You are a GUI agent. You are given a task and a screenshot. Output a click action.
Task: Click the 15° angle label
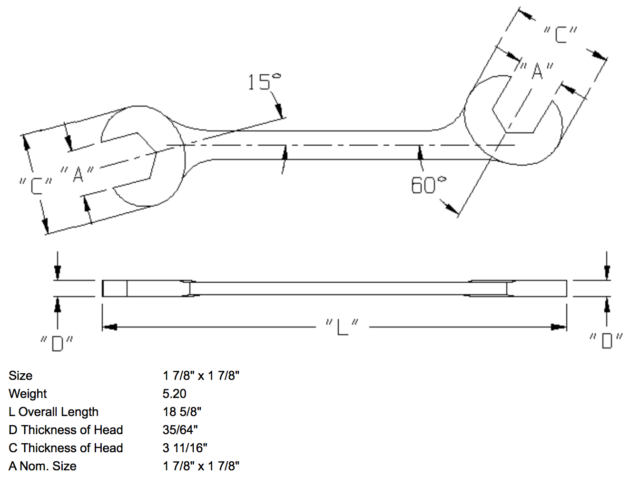264,82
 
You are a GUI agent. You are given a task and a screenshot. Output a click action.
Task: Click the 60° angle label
429,185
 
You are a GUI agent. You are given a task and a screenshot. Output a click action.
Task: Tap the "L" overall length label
342,327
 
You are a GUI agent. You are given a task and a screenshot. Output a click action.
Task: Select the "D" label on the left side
57,343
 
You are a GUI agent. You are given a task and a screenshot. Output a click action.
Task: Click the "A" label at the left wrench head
78,173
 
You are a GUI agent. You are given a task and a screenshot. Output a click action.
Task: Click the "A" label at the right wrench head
537,71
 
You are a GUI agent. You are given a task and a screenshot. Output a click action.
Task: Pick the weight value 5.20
174,394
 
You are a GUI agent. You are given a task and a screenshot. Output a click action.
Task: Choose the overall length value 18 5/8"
182,412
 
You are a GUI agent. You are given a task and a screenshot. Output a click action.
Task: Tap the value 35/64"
180,430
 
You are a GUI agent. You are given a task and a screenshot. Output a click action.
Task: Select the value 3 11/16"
185,448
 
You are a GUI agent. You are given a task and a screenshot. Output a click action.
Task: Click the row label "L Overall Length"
53,412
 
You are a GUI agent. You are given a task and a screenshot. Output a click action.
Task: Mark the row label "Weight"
28,394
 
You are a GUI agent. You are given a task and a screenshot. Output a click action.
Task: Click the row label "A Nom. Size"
42,466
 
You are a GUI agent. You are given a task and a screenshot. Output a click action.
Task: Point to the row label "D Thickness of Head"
66,430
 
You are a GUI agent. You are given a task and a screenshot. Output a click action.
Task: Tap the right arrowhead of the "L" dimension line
559,327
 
